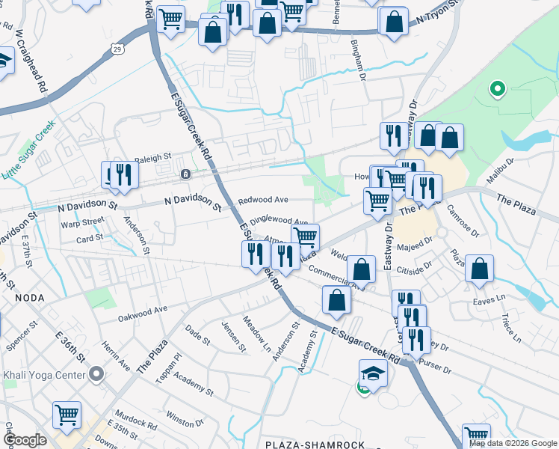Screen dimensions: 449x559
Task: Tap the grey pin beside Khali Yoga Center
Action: point(96,373)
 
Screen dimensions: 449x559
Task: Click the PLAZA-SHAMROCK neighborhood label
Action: point(315,445)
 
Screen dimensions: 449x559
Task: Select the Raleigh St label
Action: point(153,158)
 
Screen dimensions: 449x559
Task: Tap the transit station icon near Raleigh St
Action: point(185,174)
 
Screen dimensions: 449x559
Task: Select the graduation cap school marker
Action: point(373,372)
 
